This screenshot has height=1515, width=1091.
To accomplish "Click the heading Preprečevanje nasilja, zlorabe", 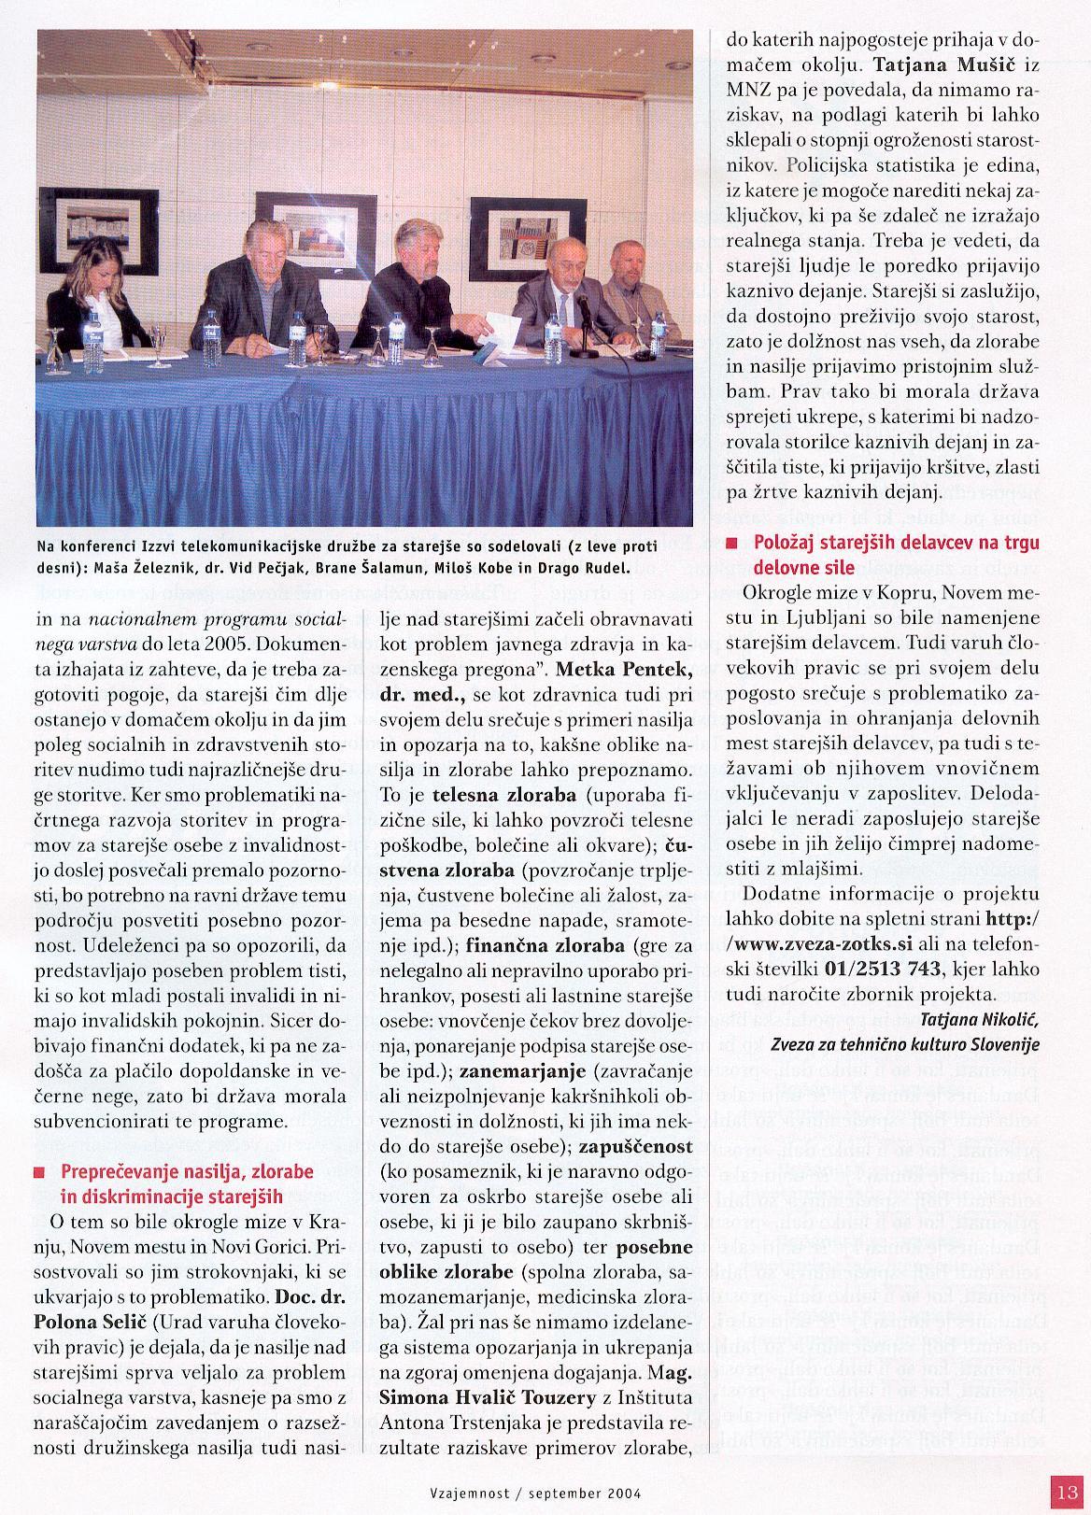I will tap(187, 1171).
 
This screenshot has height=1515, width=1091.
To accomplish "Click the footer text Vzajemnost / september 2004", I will tap(546, 1493).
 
